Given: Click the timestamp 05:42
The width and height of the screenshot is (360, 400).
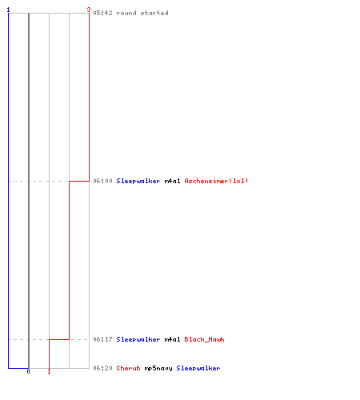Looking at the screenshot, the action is coord(102,13).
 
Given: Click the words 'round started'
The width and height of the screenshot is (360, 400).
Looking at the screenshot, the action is coord(142,13).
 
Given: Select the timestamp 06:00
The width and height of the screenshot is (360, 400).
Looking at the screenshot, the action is coord(102,181).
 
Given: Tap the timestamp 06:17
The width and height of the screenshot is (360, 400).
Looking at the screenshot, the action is coord(102,339).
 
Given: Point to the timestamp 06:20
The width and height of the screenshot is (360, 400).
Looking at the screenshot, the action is coord(102,368).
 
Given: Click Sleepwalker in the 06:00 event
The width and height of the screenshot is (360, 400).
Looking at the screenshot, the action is coord(138,181).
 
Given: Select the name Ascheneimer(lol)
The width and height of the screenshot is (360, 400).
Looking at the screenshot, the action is coord(216,181).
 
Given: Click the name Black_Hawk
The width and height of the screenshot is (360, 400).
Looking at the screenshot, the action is coord(204,339).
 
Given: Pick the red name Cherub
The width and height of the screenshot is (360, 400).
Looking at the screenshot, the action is coord(128,368).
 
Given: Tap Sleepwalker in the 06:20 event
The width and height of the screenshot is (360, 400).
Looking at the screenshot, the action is coord(198,368).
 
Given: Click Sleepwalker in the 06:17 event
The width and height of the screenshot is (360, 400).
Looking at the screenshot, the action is coord(138,339).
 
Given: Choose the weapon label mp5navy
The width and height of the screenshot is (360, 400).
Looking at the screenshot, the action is coord(158,369).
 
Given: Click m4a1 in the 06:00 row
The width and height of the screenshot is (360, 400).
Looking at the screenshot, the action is coord(172,181).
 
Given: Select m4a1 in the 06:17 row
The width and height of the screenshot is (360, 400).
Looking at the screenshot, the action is coord(172,339).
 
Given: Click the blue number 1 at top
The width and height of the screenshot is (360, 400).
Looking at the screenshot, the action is coord(8,10).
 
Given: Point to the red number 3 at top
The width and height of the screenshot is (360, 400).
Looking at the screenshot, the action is coord(89,10).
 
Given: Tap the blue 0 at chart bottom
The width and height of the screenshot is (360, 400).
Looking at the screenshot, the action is coord(28,371).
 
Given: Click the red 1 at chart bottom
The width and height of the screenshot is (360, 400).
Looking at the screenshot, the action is coord(49,371).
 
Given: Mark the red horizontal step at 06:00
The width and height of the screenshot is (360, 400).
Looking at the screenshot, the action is coord(79,181).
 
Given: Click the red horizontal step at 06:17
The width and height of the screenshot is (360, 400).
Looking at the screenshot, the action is coord(59,339).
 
